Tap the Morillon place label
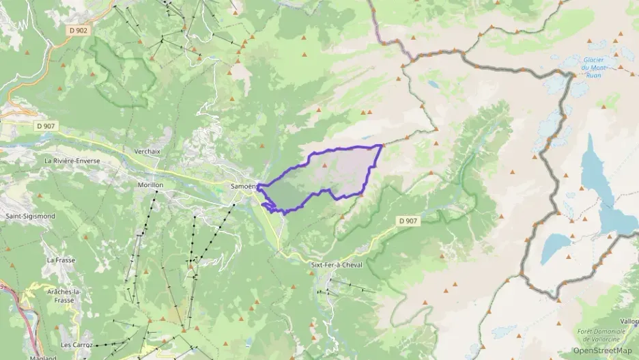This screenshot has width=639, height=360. (x=150, y=185)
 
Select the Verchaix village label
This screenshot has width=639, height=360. (x=147, y=151)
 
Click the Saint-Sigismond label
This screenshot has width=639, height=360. (x=30, y=216)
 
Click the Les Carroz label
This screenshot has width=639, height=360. (x=76, y=345)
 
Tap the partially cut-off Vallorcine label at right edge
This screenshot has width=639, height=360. (x=629, y=320)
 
